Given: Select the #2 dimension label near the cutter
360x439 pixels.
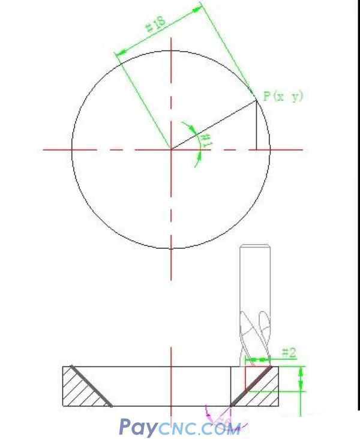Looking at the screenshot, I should click(x=288, y=353).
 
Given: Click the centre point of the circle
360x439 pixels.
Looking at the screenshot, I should click(x=172, y=149).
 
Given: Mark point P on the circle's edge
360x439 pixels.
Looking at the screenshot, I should click(x=257, y=101).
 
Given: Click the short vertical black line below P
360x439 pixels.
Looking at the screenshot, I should click(x=257, y=126).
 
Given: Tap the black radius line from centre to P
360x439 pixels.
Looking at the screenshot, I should click(x=214, y=125).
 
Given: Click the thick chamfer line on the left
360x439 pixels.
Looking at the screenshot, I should click(x=91, y=386).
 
